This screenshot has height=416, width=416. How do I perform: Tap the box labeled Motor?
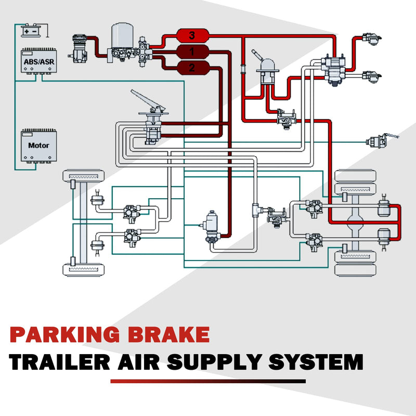click(x=38, y=145)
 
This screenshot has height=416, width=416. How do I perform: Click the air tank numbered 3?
click(x=192, y=36)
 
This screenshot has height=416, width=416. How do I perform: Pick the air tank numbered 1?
click(x=192, y=51)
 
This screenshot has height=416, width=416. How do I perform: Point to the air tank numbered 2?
click(x=192, y=67)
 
